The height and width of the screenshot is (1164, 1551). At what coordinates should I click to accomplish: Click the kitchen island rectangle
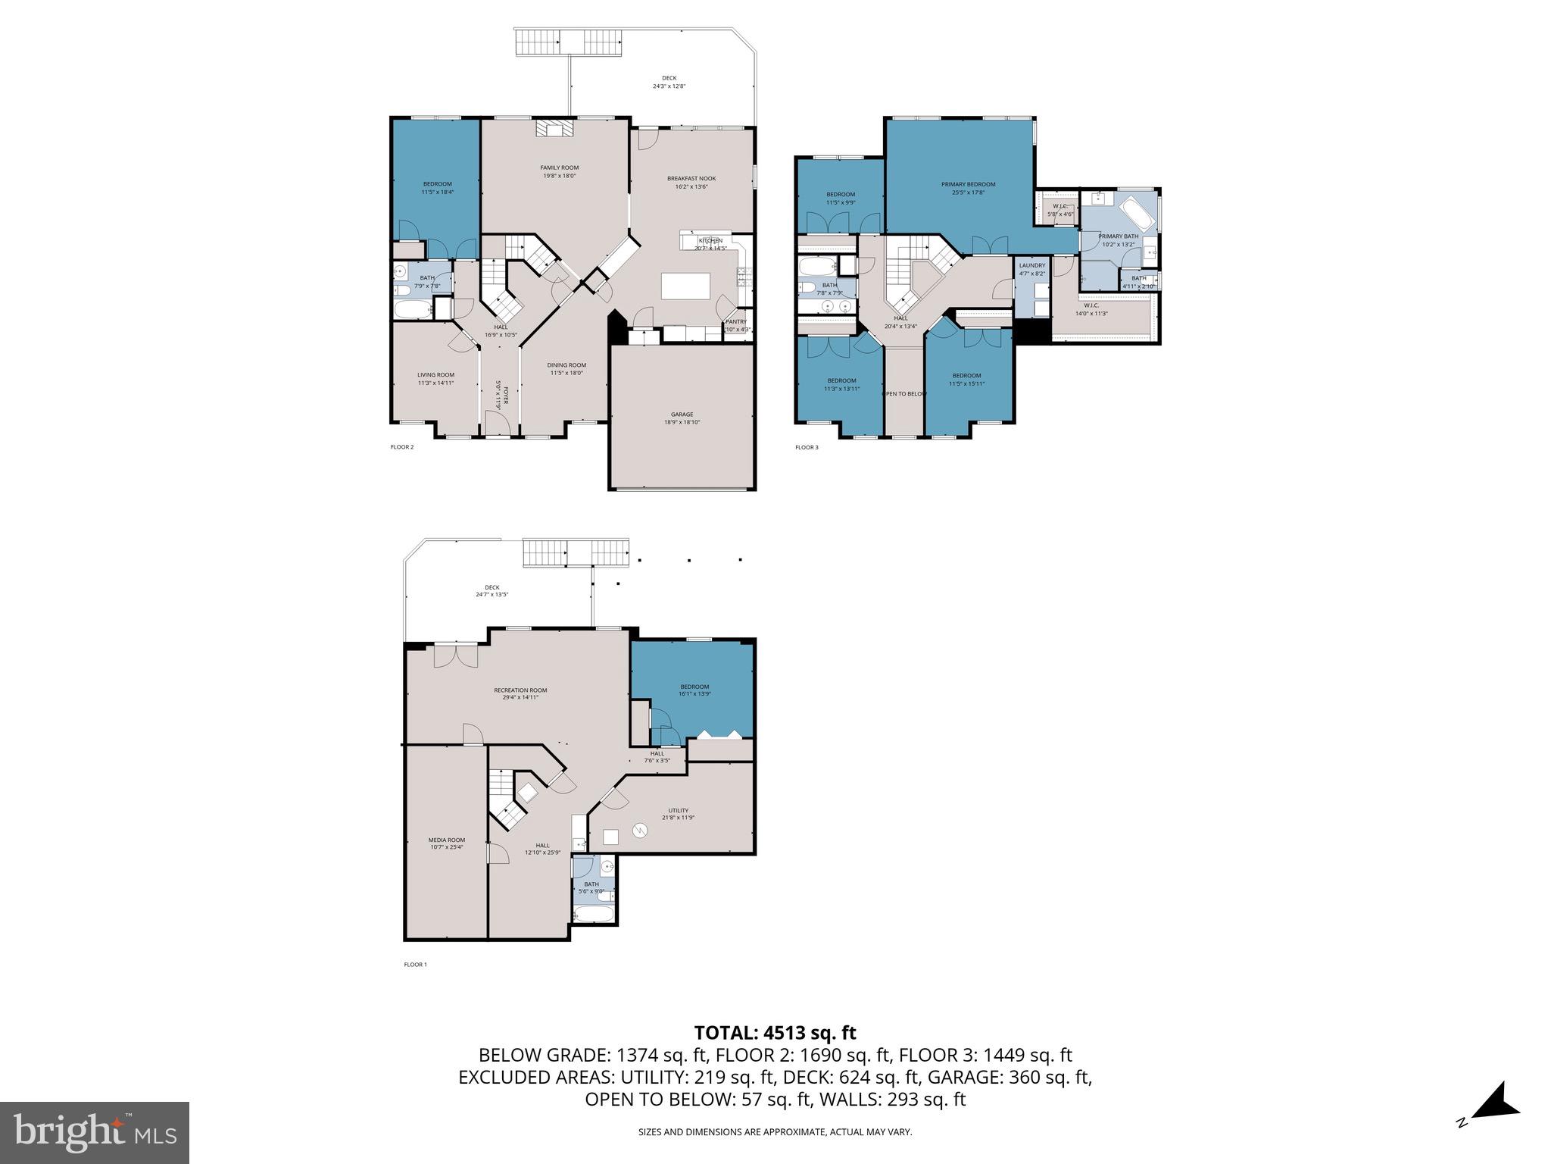[x=685, y=286]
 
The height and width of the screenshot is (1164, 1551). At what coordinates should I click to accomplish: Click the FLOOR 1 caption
[x=415, y=965]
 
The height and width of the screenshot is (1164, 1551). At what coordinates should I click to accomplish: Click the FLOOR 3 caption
[x=807, y=447]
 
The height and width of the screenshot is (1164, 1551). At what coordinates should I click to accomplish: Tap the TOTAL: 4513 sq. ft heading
[x=775, y=1032]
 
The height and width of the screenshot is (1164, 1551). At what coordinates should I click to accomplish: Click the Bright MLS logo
[x=95, y=1132]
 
